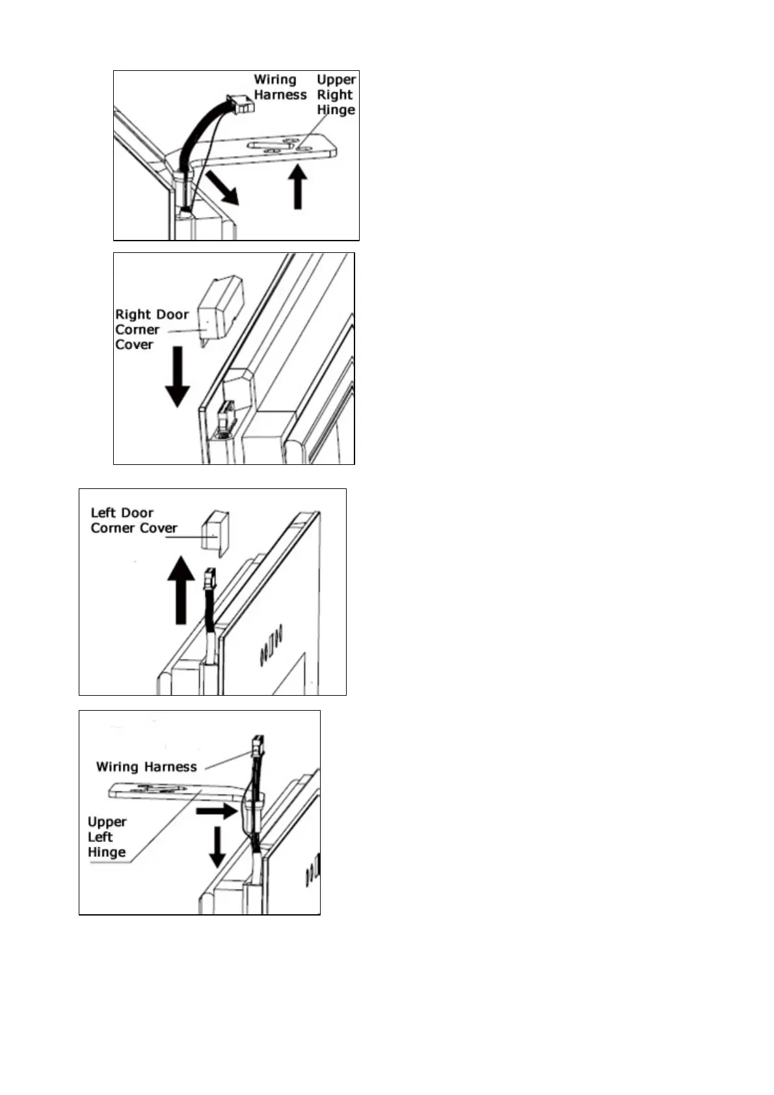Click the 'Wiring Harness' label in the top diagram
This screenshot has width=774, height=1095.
click(x=280, y=87)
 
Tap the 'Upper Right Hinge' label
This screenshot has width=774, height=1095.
click(x=336, y=94)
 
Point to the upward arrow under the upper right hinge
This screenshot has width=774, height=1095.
click(x=298, y=187)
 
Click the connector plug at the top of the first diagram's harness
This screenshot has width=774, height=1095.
click(x=239, y=103)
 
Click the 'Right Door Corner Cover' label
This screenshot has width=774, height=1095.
click(x=152, y=330)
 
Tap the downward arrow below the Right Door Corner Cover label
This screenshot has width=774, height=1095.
click(x=177, y=376)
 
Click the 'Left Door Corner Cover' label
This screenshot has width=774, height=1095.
click(x=133, y=520)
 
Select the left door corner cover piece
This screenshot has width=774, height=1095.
click(x=215, y=533)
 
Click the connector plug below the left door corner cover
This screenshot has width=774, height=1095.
click(x=209, y=578)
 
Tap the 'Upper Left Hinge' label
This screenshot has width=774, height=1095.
click(x=107, y=837)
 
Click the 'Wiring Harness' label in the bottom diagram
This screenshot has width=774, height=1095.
click(x=146, y=767)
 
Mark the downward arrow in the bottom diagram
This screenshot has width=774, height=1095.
click(x=217, y=847)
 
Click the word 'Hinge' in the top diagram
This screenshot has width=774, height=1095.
click(x=336, y=109)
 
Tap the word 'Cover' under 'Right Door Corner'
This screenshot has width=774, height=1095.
click(x=134, y=345)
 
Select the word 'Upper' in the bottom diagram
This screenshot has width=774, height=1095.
click(x=107, y=822)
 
